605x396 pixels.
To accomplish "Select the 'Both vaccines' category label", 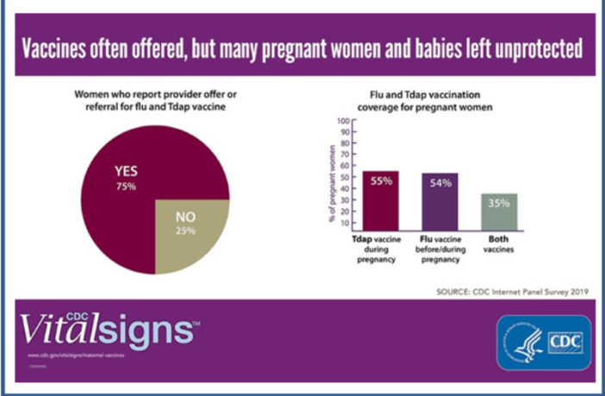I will pos(500,243).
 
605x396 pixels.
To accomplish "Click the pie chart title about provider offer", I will pos(155,102).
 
